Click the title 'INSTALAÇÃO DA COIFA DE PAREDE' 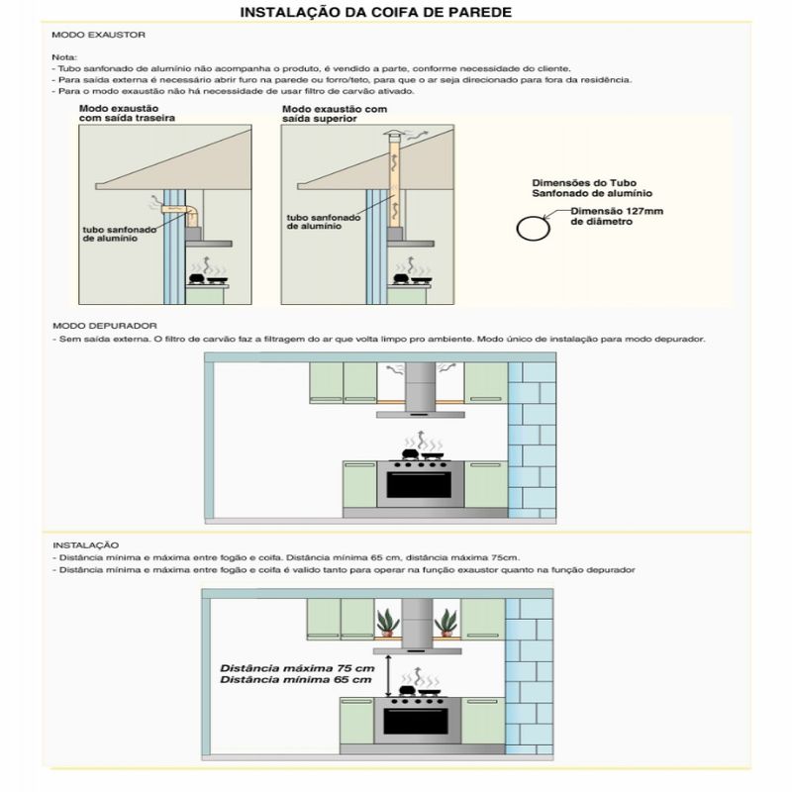[375, 12]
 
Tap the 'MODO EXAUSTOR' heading [98, 35]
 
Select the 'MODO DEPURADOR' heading [105, 326]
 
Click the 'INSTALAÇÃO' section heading [86, 545]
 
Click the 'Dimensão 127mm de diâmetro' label [617, 216]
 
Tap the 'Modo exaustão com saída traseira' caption [128, 113]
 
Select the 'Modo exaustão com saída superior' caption [335, 114]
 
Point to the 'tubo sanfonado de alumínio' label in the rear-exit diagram [119, 234]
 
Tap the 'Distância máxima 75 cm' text [297, 668]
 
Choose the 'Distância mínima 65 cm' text [295, 680]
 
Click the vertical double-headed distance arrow [387, 676]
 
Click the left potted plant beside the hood [387, 623]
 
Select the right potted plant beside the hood [446, 623]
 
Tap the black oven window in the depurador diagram [419, 485]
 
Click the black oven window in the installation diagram [416, 722]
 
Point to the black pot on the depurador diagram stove [410, 454]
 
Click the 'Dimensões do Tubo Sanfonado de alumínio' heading [592, 188]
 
